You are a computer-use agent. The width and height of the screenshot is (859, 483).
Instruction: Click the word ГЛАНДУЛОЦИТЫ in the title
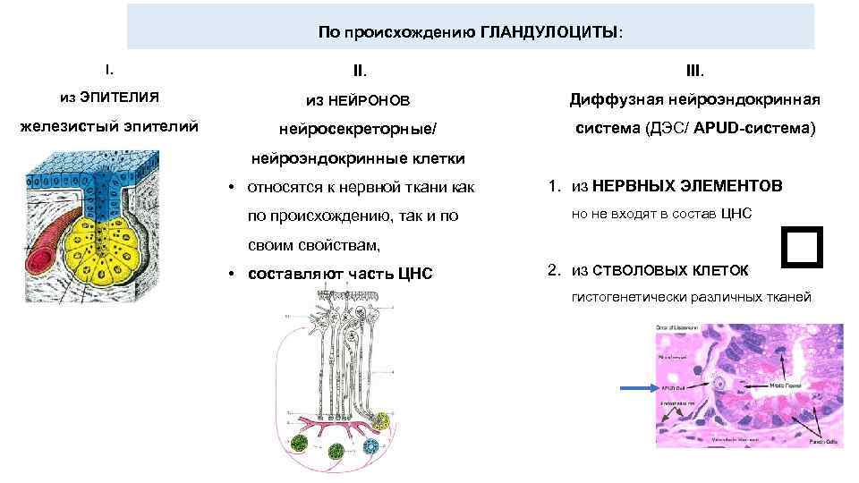(549, 31)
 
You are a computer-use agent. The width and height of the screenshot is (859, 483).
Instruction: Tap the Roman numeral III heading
(694, 68)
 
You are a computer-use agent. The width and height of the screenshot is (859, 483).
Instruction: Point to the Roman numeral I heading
(108, 67)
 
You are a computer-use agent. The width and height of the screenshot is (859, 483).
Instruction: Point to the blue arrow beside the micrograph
(640, 388)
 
